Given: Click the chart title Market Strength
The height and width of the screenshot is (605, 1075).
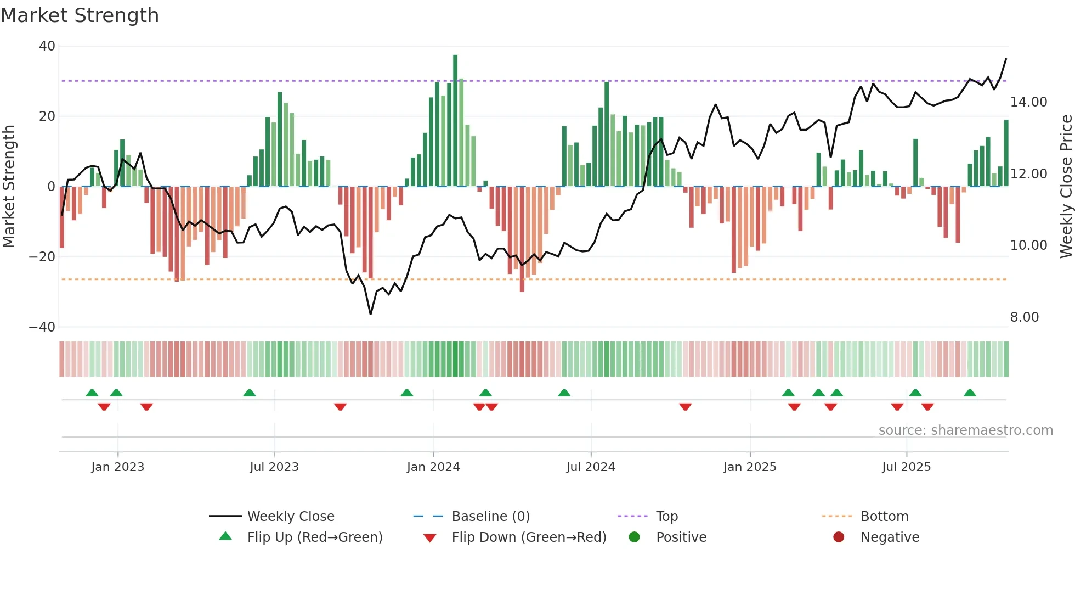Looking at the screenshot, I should click(x=80, y=15).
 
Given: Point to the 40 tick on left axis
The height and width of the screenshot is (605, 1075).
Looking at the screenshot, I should click(x=47, y=46).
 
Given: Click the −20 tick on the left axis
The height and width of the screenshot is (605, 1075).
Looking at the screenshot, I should click(x=42, y=256).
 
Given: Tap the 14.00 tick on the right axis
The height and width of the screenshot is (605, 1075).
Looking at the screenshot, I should click(x=1028, y=102).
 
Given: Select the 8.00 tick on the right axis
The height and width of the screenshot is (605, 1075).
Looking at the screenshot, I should click(x=1024, y=317).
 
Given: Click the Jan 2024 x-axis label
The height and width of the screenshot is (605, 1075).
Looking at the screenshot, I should click(x=433, y=467).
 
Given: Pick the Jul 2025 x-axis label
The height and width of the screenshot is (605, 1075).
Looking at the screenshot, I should click(x=906, y=467).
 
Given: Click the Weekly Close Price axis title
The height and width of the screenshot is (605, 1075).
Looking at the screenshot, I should click(x=1066, y=187).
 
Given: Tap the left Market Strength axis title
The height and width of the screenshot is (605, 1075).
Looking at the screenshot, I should click(x=9, y=187).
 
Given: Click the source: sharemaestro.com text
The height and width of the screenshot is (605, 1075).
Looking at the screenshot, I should click(x=965, y=430).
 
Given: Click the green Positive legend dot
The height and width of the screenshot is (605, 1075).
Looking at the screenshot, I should click(x=635, y=537).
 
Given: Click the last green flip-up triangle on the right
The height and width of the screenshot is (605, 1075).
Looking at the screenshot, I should click(x=970, y=393).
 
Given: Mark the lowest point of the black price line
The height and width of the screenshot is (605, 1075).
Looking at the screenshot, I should click(x=371, y=314).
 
